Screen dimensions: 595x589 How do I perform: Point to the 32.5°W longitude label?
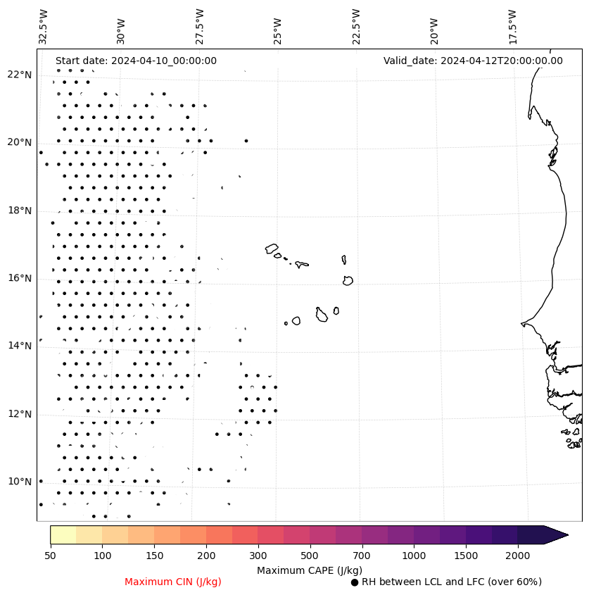tap(44, 27)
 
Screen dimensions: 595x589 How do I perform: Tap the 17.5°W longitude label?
tap(512, 27)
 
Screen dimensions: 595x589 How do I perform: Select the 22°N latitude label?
tap(20, 75)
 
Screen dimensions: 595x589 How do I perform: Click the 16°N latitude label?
tap(20, 278)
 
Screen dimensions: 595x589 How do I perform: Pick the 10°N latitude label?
tap(20, 482)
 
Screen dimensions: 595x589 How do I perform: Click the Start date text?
tap(136, 61)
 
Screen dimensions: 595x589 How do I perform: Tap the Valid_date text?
tap(473, 61)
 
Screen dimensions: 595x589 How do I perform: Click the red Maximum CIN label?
tap(173, 582)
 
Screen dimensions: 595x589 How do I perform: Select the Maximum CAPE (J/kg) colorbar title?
tap(310, 570)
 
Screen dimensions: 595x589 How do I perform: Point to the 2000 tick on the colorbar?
tap(518, 556)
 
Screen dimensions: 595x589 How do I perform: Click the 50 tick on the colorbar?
tap(50, 556)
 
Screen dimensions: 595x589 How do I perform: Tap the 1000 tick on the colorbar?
tap(414, 556)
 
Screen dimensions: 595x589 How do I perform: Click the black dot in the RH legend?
tap(355, 582)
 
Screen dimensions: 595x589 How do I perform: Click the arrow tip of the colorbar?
tap(566, 534)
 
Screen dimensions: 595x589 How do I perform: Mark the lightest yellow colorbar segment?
tap(63, 534)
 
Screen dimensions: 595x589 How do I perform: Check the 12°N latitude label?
tap(20, 414)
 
